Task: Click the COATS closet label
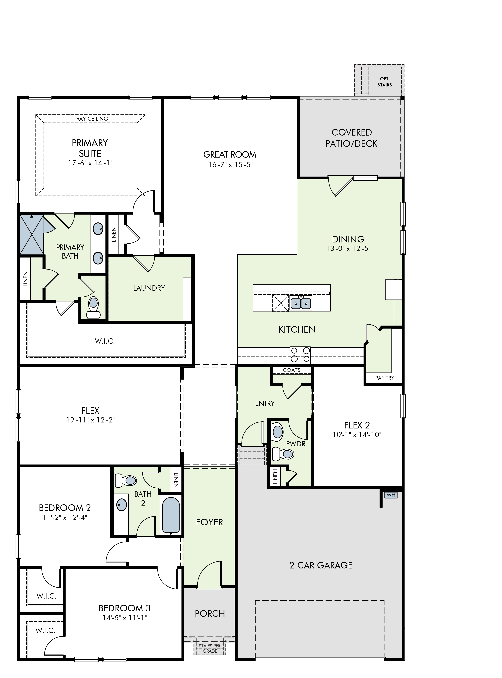[291, 370]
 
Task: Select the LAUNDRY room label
[149, 288]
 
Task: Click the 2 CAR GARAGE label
[321, 565]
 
